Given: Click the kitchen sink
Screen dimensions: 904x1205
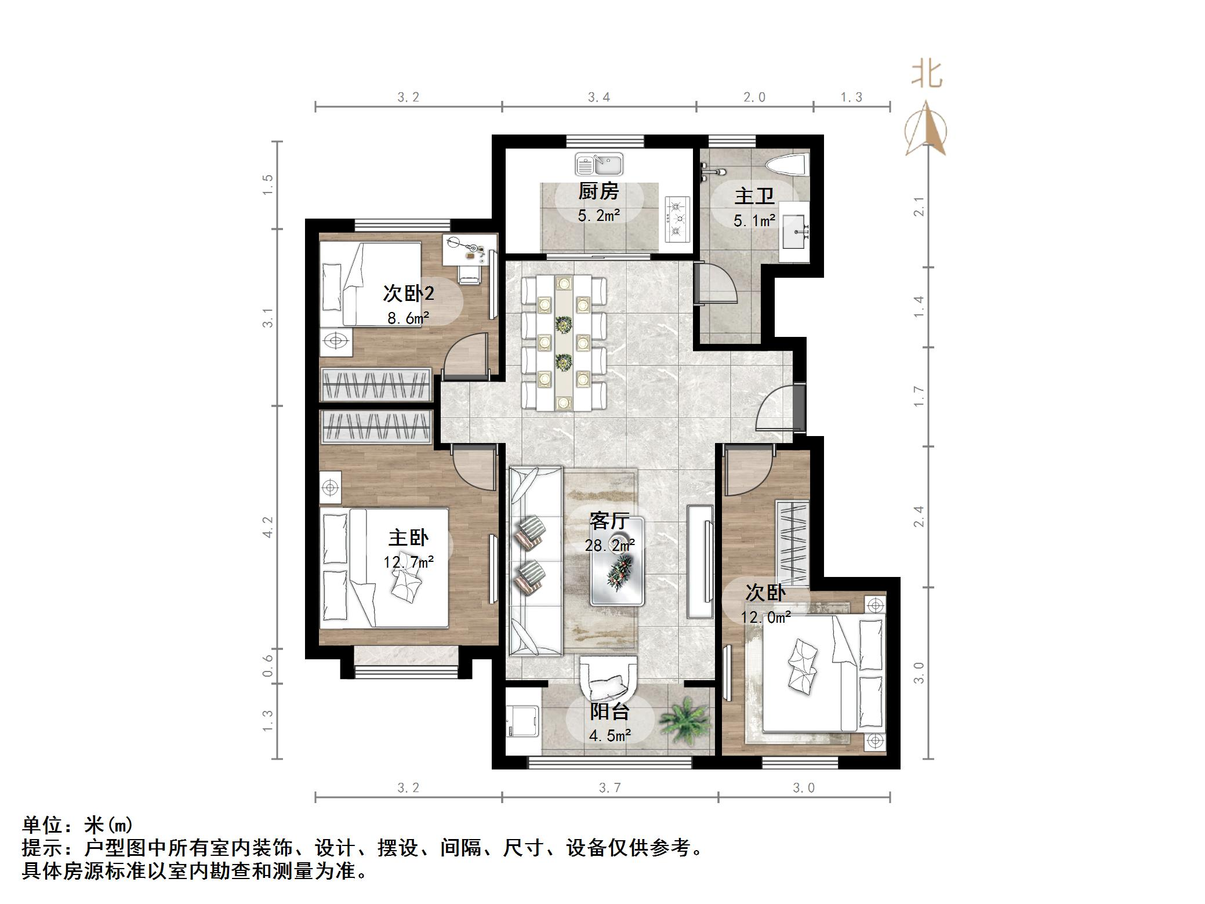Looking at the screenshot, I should tap(598, 164).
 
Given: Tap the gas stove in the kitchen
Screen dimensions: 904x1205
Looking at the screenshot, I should tap(677, 219).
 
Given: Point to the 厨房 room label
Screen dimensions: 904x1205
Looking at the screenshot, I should tap(598, 191).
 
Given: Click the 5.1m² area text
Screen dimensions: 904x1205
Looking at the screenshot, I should tap(754, 221).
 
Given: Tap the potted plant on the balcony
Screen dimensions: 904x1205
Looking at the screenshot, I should tap(686, 723).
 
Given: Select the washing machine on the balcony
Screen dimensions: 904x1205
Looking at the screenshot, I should tap(522, 720).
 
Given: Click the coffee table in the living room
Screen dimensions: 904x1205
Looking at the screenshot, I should tap(618, 561).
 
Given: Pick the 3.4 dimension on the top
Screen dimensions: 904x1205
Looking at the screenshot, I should tap(599, 97).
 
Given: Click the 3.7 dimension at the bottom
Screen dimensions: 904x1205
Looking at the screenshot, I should tap(609, 787).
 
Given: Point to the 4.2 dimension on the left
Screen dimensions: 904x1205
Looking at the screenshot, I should tap(268, 527).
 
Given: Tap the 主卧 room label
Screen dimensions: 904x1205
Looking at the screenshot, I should tap(408, 538).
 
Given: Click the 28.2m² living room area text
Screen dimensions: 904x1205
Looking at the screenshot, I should tap(609, 545).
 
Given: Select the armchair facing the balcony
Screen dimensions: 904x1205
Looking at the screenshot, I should tap(609, 680).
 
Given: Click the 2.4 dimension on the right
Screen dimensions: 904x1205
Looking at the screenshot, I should tap(919, 516).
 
